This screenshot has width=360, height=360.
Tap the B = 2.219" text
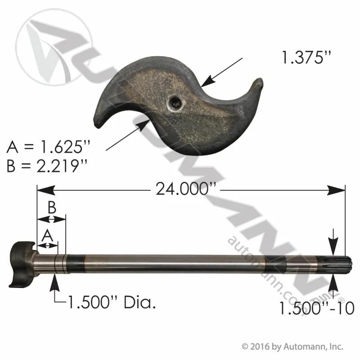tap(47, 166)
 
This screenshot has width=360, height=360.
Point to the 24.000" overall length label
tap(186, 189)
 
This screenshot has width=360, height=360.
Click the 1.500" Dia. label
tap(112, 302)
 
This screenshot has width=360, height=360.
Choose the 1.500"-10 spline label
tap(317, 308)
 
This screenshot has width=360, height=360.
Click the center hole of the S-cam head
tap(175, 103)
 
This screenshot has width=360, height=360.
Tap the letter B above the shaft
tap(52, 207)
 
